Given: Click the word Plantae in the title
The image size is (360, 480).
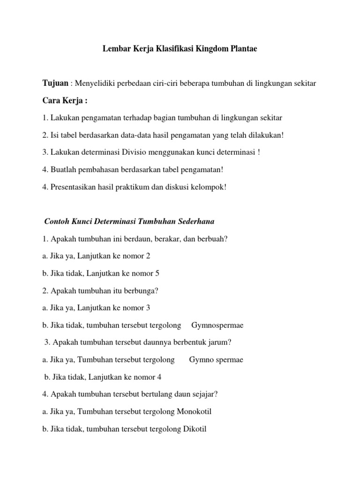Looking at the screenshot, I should tap(243, 48).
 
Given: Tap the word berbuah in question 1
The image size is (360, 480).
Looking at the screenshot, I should tap(214, 239).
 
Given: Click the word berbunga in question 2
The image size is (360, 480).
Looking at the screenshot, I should tap(143, 291).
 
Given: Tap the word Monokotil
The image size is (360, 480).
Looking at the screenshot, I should tap(195, 412).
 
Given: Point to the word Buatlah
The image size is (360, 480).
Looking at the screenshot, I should tap(61, 169).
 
